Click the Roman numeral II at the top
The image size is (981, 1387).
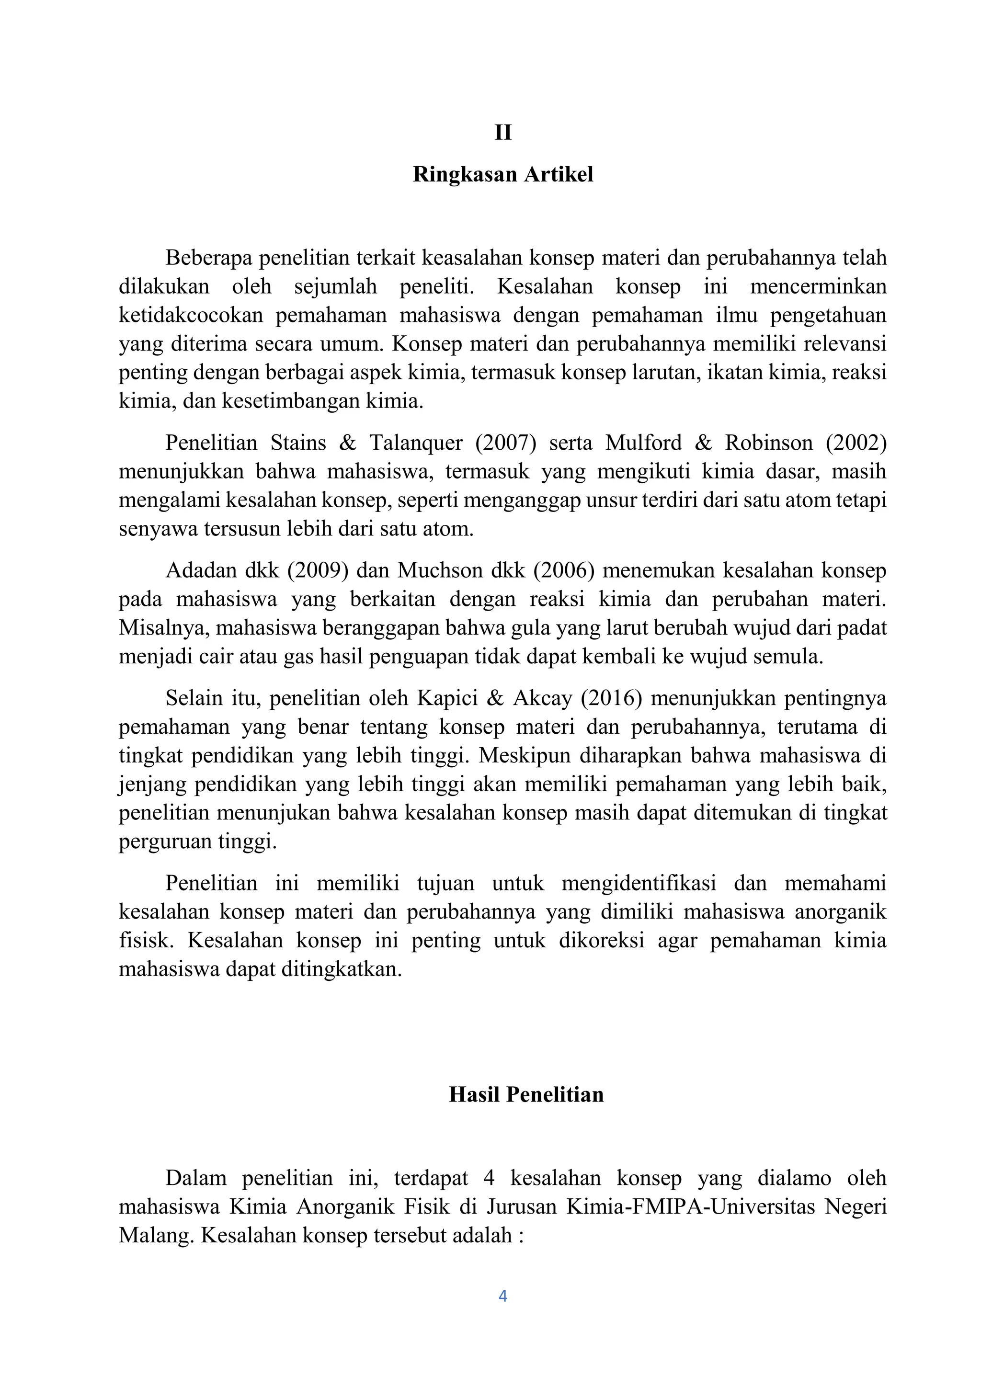tap(502, 132)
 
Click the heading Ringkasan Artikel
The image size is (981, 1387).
tap(502, 175)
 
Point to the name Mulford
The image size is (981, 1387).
tap(643, 443)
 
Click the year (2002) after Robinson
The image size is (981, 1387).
tap(856, 443)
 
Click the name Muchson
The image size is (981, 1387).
tap(432, 570)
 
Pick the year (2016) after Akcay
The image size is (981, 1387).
tap(611, 698)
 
